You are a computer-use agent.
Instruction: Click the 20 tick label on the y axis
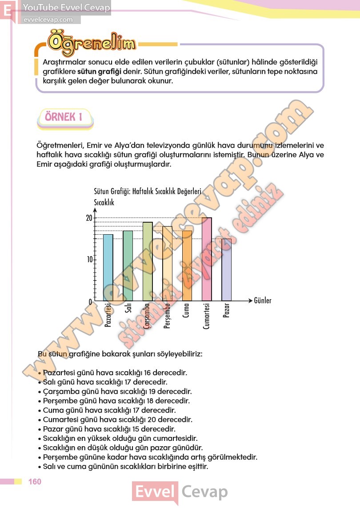(89, 218)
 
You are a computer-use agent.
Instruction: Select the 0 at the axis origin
(90, 302)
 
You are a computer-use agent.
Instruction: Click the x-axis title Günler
(262, 301)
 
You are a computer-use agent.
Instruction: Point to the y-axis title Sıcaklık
(104, 203)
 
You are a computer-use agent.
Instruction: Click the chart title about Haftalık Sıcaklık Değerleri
(148, 192)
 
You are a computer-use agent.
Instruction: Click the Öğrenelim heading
(92, 43)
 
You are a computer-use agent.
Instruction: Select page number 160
(34, 482)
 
